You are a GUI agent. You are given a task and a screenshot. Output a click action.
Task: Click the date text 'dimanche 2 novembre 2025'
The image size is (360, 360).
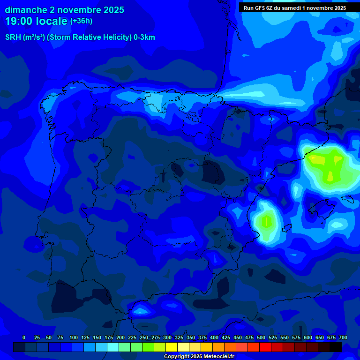tap(64, 10)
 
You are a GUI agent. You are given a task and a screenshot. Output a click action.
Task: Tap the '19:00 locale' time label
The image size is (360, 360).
tap(36, 21)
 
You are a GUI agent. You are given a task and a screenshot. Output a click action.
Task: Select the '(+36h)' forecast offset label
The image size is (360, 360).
tap(81, 21)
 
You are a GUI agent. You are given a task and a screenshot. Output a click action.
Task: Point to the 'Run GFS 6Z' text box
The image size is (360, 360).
tap(294, 8)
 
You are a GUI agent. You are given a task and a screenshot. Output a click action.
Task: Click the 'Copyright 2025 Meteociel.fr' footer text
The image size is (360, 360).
tap(199, 357)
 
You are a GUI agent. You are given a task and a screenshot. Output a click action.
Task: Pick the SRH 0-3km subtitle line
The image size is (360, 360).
tap(80, 37)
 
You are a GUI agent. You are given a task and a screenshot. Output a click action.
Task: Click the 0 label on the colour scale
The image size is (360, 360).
tap(24, 337)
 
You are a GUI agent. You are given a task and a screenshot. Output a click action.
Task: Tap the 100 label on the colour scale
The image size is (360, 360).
tap(73, 337)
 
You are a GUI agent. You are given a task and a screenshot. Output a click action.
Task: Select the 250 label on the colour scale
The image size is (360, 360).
tap(143, 337)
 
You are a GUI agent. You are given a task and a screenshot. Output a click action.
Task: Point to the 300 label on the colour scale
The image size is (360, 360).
tap(167, 337)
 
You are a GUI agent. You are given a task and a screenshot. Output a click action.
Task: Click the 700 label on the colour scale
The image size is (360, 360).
tap(343, 337)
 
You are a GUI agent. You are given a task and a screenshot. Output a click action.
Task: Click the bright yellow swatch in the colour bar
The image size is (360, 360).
tap(172, 347)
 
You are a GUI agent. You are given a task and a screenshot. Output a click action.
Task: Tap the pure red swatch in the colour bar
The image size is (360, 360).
tap(265, 347)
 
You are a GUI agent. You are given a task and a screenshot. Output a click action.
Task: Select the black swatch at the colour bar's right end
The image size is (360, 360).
tap(336, 347)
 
